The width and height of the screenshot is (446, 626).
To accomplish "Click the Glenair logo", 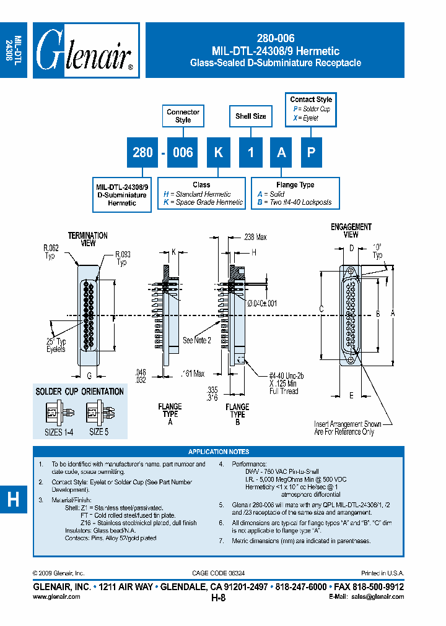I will (x=85, y=51).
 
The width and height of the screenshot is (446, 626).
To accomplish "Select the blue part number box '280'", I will (x=142, y=152).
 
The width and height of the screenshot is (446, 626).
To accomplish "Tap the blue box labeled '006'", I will (x=183, y=152).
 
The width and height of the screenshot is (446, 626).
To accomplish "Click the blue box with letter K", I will (x=219, y=152).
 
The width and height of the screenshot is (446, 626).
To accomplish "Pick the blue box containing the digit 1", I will (x=251, y=152).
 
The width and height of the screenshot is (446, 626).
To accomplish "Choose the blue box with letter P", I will (x=312, y=152).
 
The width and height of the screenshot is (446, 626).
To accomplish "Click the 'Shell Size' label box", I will (x=251, y=116).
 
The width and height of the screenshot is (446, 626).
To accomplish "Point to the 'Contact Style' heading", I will (x=311, y=100).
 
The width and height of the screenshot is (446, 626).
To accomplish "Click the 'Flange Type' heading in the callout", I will (x=294, y=185).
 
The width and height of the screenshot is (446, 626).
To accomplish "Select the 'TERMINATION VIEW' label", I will (x=87, y=239).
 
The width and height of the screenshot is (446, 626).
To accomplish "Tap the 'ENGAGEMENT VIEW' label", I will (x=351, y=231).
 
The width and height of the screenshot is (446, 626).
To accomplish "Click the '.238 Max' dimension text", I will (x=254, y=236).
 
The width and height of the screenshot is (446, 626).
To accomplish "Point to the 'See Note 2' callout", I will (x=197, y=341).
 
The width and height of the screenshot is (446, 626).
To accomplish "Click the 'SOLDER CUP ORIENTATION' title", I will (x=80, y=392).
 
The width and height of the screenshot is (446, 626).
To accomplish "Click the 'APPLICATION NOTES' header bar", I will (x=219, y=452).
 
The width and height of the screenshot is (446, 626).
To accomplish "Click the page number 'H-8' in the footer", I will (x=218, y=598).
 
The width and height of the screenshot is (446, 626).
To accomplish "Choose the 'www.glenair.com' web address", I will (x=56, y=597).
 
